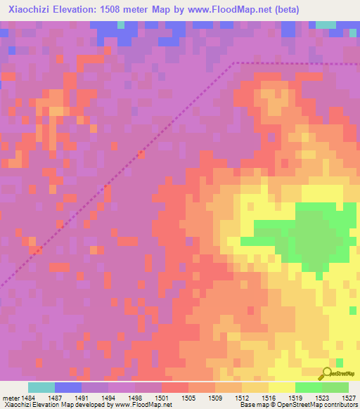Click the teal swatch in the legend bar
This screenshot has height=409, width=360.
[x=41, y=387]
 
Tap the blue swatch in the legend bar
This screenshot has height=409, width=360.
[x=68, y=387]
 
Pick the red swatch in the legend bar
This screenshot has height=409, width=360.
[x=175, y=387]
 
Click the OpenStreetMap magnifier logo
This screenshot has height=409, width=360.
[x=326, y=374]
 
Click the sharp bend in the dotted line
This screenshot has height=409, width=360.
[x=234, y=63]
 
